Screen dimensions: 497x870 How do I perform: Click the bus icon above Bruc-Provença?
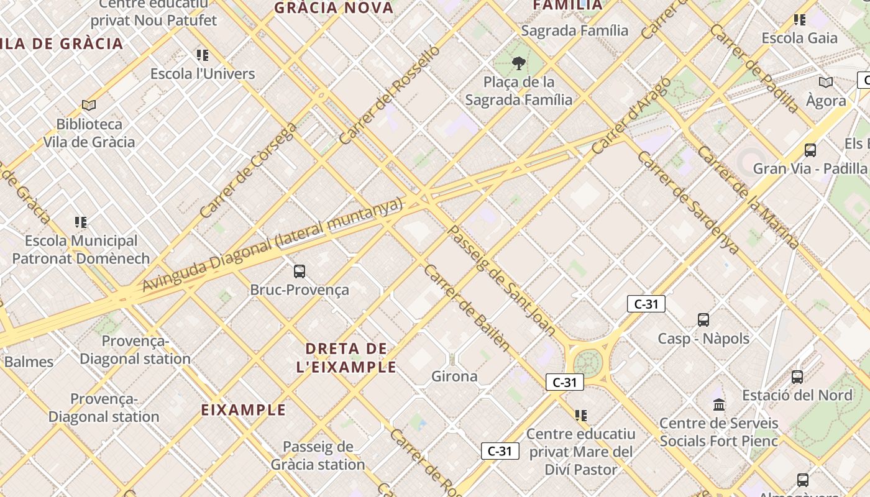pyautogui.click(x=300, y=271)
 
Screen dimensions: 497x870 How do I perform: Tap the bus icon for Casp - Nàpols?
pyautogui.click(x=703, y=320)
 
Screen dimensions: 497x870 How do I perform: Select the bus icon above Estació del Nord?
pyautogui.click(x=797, y=376)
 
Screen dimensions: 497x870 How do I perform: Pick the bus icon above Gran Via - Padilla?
pyautogui.click(x=810, y=150)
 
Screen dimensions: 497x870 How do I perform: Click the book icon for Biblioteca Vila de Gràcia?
pyautogui.click(x=89, y=106)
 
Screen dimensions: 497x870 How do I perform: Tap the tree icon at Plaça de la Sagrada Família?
pyautogui.click(x=518, y=63)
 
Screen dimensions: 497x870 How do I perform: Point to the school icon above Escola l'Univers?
pyautogui.click(x=202, y=55)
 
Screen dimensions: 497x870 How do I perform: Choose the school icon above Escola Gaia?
pyautogui.click(x=800, y=20)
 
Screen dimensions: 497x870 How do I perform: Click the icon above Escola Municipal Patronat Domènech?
pyautogui.click(x=81, y=222)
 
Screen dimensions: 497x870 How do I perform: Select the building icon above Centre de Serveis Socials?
pyautogui.click(x=719, y=405)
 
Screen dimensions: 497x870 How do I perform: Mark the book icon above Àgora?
pyautogui.click(x=826, y=82)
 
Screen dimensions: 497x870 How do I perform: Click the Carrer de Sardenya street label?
pyautogui.click(x=688, y=203)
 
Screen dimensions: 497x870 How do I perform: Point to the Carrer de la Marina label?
pyautogui.click(x=748, y=197)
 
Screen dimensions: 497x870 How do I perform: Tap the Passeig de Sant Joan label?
pyautogui.click(x=501, y=280)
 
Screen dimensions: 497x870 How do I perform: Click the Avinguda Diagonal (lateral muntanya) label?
pyautogui.click(x=273, y=245)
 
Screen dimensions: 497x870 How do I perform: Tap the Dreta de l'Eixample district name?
pyautogui.click(x=346, y=357)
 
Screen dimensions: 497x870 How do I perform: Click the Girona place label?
pyautogui.click(x=454, y=376)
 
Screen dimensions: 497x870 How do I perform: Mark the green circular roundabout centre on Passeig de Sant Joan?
pyautogui.click(x=587, y=362)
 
